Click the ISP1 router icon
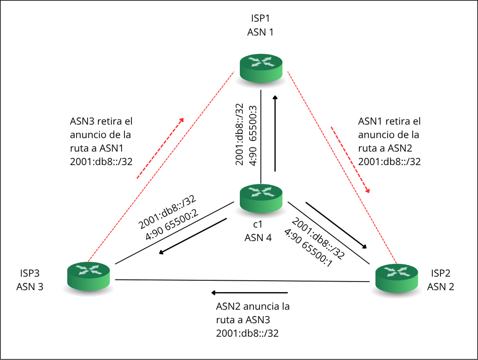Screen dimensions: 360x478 coord(261,68)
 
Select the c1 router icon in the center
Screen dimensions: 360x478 coord(261,198)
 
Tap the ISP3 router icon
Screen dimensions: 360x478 coord(88,276)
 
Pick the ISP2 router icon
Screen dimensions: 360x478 coord(397,278)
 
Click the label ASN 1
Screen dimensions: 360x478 coord(260,32)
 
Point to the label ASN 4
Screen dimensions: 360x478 coord(258,238)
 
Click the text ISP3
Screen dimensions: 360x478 coord(30,273)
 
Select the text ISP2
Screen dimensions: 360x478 coord(441,273)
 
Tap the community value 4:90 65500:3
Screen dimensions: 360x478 coord(253,136)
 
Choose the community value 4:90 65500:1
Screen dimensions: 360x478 coord(308,248)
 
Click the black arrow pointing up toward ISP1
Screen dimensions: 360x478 coord(275,133)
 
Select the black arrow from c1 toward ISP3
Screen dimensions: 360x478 coord(193,236)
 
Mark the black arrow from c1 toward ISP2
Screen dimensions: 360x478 coord(336,225)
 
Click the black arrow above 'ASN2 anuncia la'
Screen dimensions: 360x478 coord(249,293)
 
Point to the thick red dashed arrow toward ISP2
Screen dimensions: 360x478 coord(350,160)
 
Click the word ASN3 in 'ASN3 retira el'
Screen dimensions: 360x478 coord(82,121)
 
